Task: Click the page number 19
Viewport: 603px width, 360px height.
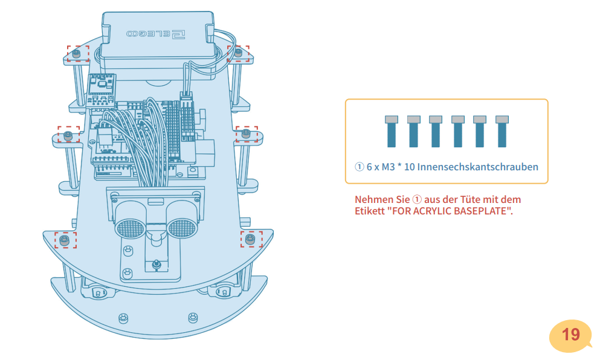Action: click(570, 335)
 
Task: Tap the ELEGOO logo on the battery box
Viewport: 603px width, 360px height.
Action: click(156, 34)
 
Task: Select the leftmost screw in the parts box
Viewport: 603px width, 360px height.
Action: click(392, 131)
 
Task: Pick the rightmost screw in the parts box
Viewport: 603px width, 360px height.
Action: click(501, 131)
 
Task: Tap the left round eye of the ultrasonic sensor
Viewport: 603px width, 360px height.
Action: click(128, 227)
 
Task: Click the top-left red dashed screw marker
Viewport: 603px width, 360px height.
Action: click(77, 53)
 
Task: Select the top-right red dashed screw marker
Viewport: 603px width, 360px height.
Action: click(238, 53)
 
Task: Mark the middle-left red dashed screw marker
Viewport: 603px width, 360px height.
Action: click(68, 135)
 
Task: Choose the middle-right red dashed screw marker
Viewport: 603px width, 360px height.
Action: click(247, 134)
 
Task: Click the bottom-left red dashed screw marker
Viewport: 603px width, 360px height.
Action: click(65, 240)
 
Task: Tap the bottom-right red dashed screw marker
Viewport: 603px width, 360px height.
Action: click(251, 239)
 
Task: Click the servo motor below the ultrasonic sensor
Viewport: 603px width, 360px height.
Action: click(155, 260)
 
